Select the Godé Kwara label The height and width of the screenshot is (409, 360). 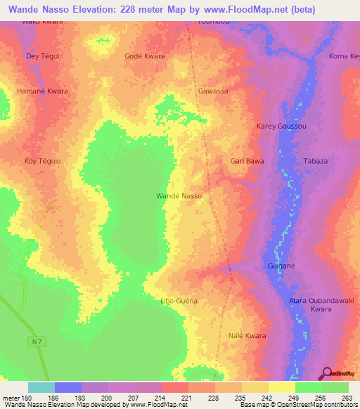click(144, 56)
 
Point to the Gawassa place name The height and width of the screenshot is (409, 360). click(213, 91)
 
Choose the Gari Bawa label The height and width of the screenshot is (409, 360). click(247, 161)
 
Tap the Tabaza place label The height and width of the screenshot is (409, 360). click(315, 161)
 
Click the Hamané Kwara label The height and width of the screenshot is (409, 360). click(42, 91)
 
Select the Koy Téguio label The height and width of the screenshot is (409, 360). click(42, 161)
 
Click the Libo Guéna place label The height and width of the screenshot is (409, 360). click(179, 301)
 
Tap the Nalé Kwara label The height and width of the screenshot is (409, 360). click(247, 336)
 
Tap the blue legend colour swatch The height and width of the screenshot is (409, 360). click(68, 387)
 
